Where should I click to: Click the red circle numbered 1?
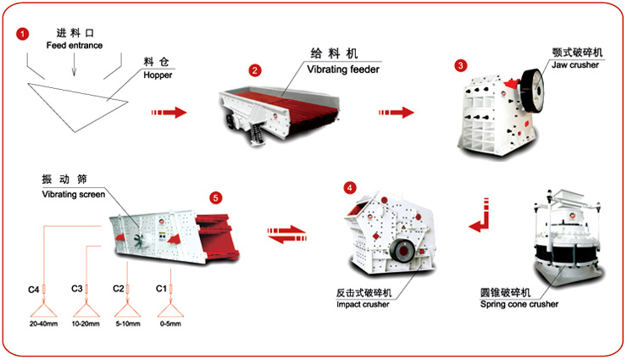22,33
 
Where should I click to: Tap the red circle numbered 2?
253,69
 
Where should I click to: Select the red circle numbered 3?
460,65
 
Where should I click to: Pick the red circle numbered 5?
215,197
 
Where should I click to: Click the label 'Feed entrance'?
75,45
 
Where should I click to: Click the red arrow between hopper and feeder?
169,112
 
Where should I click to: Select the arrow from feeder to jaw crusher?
397,112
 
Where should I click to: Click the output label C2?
119,290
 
